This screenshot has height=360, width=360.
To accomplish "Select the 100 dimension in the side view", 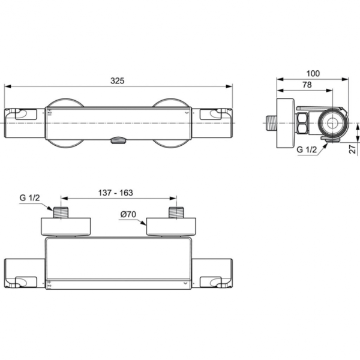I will coord(312,73).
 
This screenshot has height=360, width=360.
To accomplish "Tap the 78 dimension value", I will coord(306,86).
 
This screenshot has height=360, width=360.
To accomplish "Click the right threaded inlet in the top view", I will coord(176,212).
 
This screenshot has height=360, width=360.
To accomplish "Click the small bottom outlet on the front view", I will coord(117,140).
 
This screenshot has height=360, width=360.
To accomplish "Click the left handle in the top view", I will coord(24,274).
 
